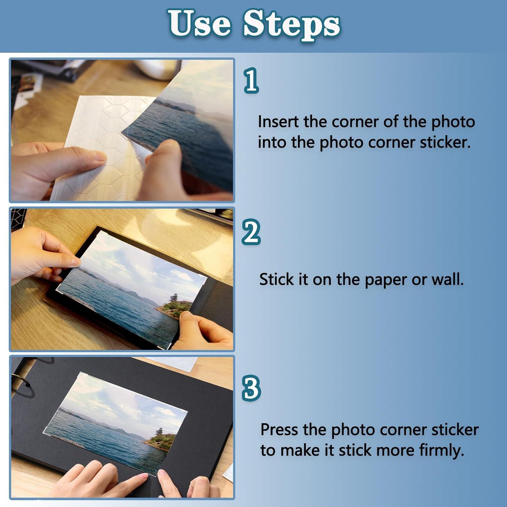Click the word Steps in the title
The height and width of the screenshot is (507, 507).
coord(292,24)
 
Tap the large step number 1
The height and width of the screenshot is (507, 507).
coord(251,80)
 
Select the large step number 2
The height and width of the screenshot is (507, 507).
coord(251,232)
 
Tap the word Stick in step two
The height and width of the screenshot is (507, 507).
coord(276,280)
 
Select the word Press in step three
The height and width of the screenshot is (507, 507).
coord(280,430)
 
